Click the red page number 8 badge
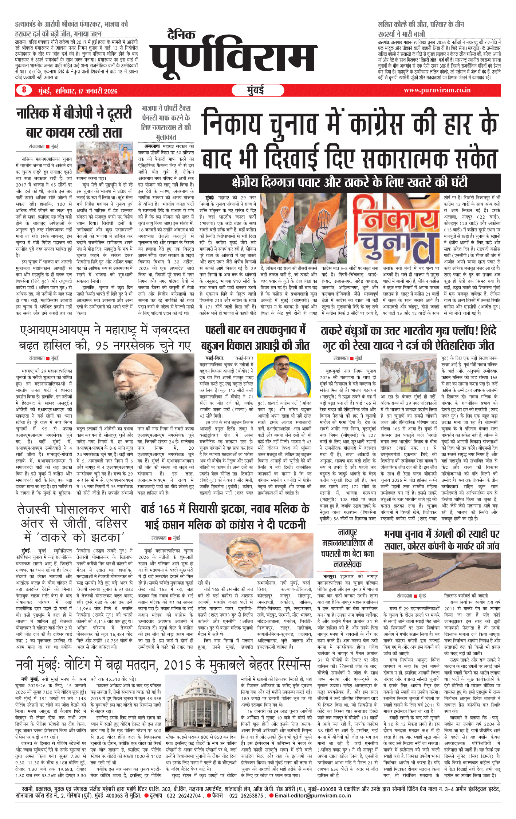tap(24, 90)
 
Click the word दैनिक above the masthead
tap(181, 35)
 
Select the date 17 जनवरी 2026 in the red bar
tap(98, 91)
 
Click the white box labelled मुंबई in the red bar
tap(255, 90)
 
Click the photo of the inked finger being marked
tap(441, 569)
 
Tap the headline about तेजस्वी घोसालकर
tap(74, 523)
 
